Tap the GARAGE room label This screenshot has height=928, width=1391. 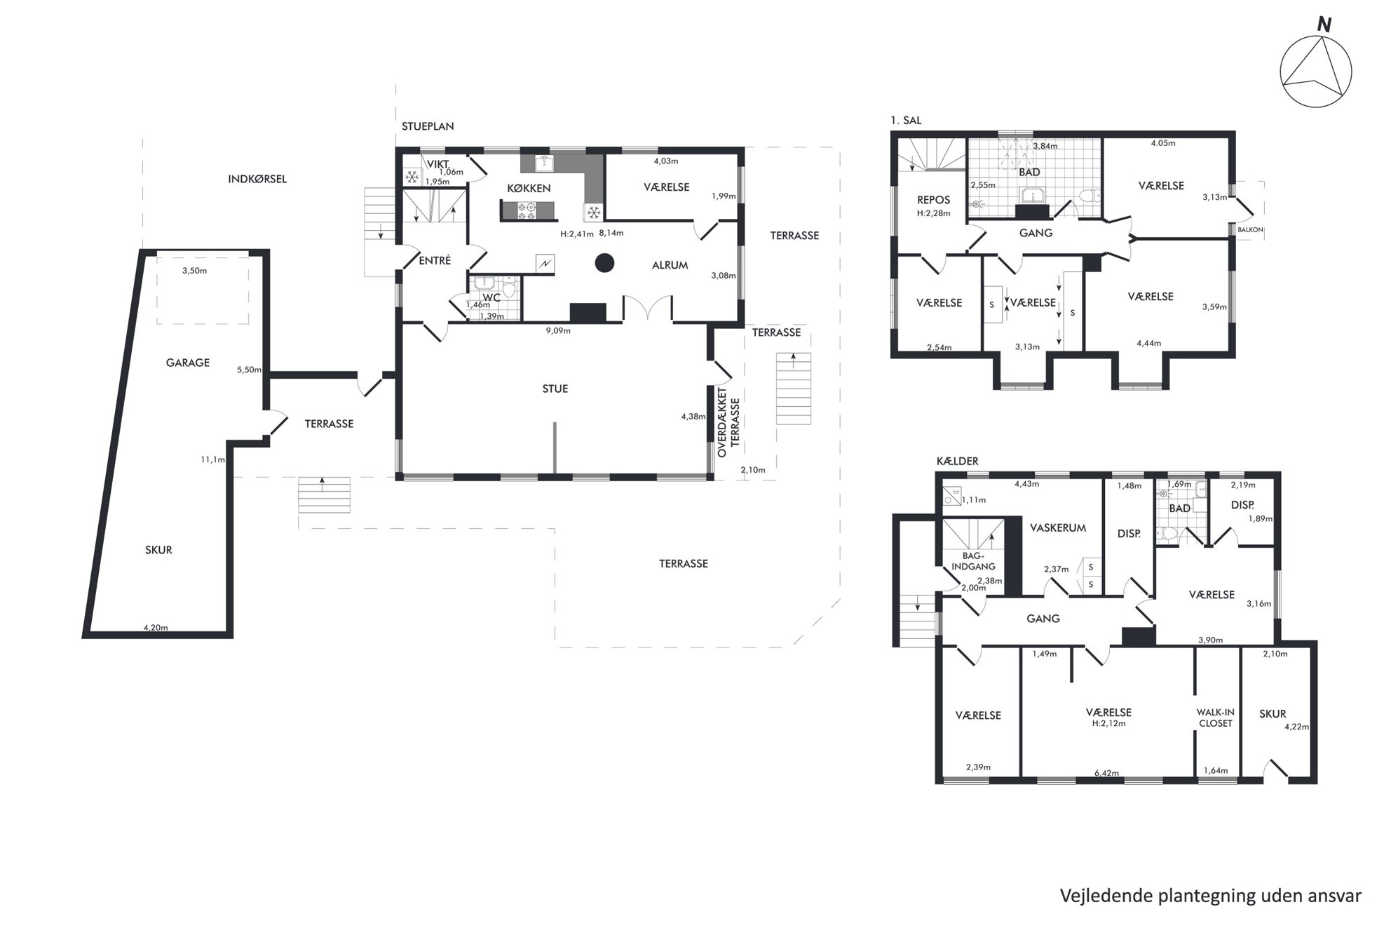point(188,363)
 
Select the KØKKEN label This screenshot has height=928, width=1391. point(529,189)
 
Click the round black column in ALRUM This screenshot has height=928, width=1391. point(604,263)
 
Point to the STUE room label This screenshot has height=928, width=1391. point(555,389)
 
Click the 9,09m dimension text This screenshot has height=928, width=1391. point(558,330)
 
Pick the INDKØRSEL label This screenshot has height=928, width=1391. point(257,179)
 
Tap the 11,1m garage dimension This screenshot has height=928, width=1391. point(212,459)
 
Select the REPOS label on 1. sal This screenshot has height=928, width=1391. point(933,200)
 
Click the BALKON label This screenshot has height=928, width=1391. point(1251,229)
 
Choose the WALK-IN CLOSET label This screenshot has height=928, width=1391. point(1216,718)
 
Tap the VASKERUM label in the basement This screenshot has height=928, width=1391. point(1058,528)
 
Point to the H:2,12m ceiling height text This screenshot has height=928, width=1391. point(1108,723)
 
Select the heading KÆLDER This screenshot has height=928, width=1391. point(957,461)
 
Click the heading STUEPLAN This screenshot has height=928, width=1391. point(428,126)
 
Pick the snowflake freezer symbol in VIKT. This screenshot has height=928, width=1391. point(412,177)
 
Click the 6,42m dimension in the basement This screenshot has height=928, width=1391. point(1106,773)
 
